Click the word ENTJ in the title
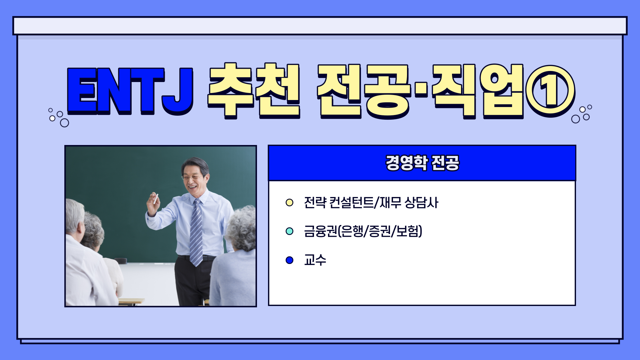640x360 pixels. tap(130, 91)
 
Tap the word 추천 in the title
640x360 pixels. tap(254, 91)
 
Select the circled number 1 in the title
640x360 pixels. tap(550, 91)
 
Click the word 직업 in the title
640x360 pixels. tap(478, 91)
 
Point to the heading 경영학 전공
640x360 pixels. tap(422, 163)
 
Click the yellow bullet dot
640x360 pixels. tap(289, 202)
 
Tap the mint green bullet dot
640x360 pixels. tap(289, 231)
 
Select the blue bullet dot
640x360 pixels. tap(289, 260)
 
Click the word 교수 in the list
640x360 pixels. tap(315, 260)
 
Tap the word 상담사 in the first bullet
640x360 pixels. tap(421, 202)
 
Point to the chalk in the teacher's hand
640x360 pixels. tap(155, 199)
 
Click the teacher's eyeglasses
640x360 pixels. tap(192, 177)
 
